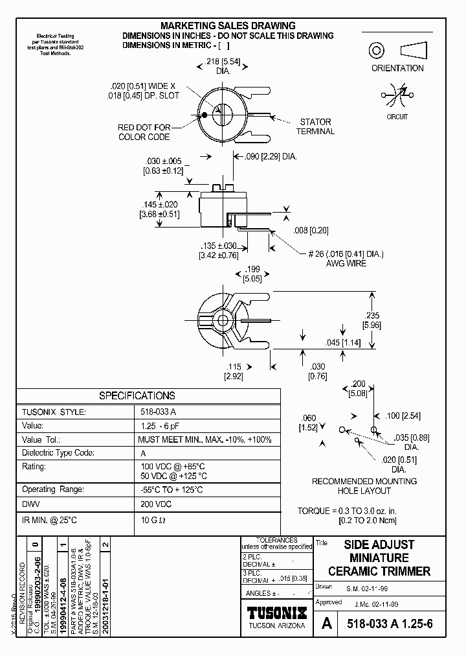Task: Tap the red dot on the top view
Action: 205,115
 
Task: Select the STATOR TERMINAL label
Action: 315,126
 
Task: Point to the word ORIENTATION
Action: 397,68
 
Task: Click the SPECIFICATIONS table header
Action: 137,395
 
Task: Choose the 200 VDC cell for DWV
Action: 156,503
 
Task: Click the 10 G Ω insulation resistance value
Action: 153,521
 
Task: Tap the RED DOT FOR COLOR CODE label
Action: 144,132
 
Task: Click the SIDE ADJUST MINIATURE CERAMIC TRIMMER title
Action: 379,557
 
